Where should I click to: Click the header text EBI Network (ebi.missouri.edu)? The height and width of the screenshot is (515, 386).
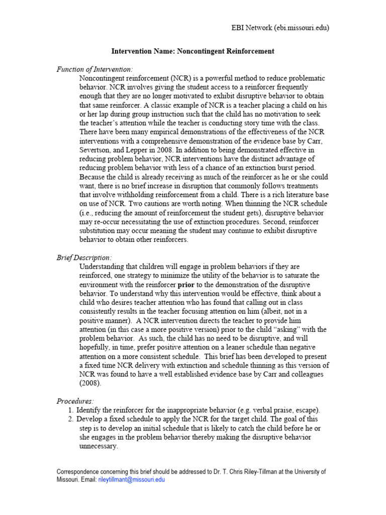pyautogui.click(x=276, y=29)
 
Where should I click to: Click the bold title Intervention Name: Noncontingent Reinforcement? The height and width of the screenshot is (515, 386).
pyautogui.click(x=192, y=51)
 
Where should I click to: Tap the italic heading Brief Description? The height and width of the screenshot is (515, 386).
pyautogui.click(x=84, y=257)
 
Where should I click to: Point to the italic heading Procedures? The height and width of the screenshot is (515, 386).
pyautogui.click(x=75, y=401)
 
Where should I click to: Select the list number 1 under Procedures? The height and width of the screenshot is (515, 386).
pyautogui.click(x=71, y=410)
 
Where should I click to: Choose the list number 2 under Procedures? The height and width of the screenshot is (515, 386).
pyautogui.click(x=71, y=419)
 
